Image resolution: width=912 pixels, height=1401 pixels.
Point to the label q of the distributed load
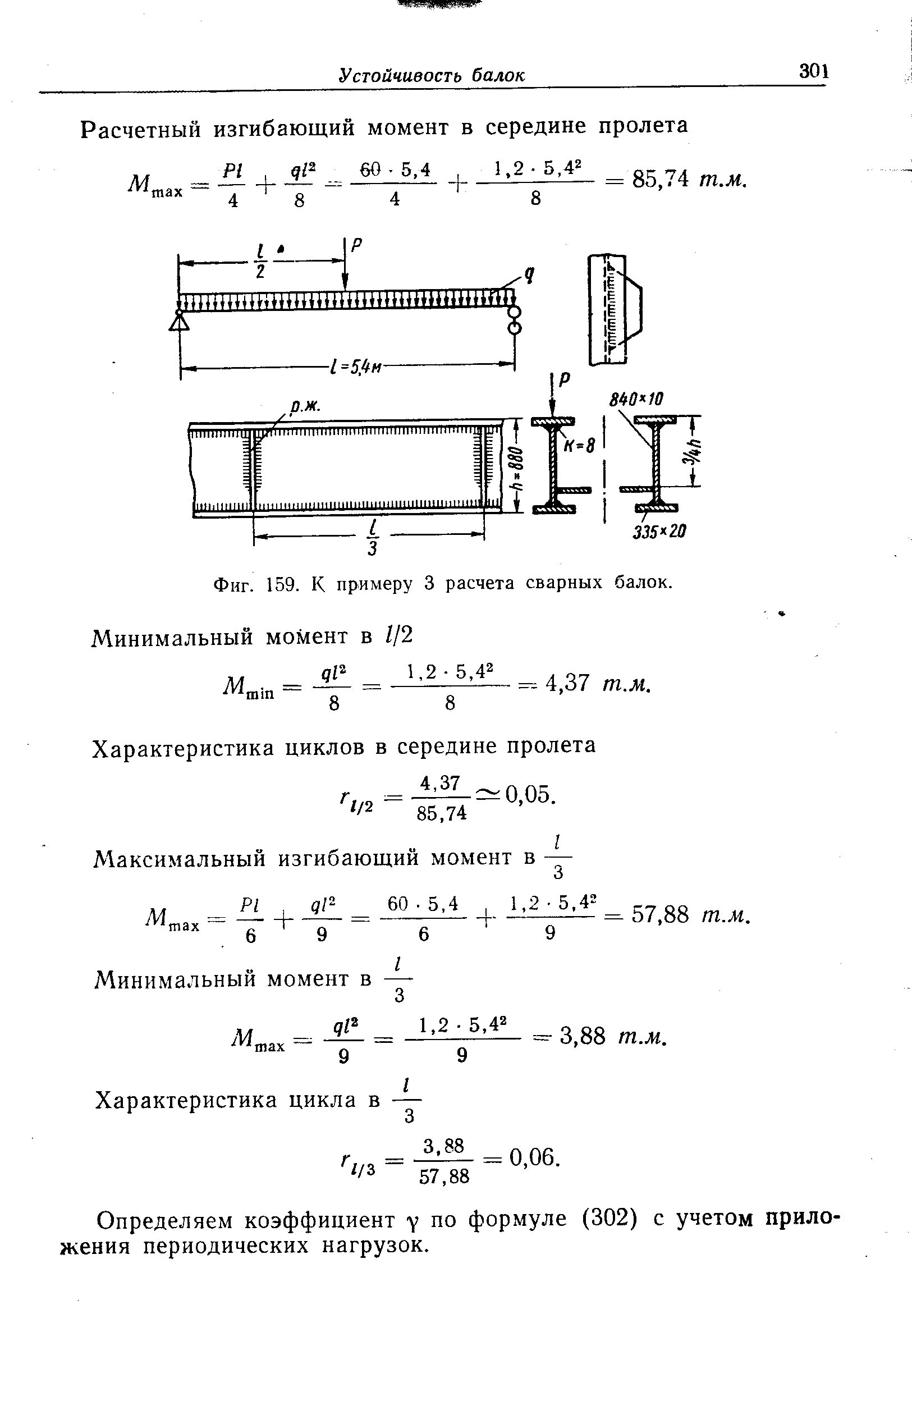pos(529,274)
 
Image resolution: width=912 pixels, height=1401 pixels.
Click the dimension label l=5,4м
pos(356,367)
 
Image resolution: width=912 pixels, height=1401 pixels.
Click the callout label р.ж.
pos(304,406)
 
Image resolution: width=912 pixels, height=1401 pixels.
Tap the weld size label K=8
pos(580,447)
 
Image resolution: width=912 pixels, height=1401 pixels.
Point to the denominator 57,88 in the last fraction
pos(444,1176)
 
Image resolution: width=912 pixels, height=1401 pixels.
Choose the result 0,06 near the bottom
pos(532,1159)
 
